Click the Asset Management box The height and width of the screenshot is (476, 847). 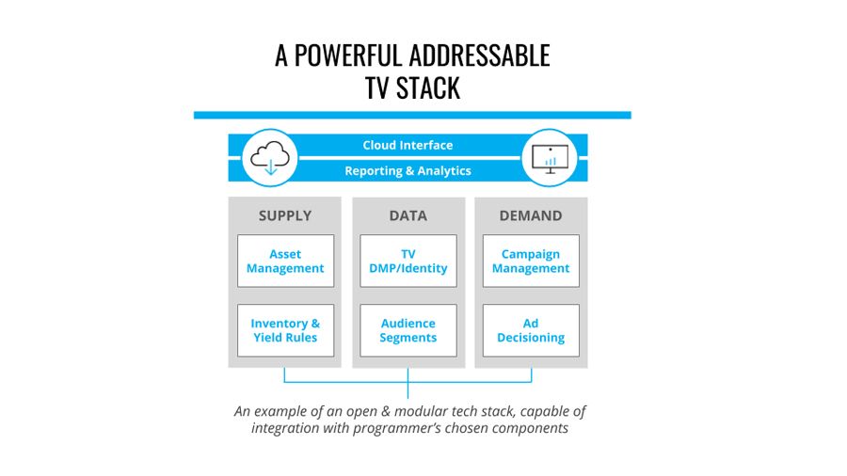pos(285,261)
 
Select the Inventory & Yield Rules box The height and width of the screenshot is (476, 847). pos(285,330)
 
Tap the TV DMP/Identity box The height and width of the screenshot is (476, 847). pos(408,261)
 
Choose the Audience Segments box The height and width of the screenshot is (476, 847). pos(408,330)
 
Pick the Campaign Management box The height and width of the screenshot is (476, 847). pos(531,261)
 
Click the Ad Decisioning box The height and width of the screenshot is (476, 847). pos(531,330)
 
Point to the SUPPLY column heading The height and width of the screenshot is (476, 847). pos(285,215)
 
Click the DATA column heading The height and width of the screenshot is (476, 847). pos(408,215)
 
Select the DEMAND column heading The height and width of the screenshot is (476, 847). pos(531,215)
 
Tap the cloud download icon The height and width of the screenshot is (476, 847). pos(270,158)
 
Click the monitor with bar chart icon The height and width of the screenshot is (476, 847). pos(550,158)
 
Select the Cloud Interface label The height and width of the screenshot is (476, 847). pos(408,145)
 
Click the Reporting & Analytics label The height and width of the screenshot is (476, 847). pos(408,171)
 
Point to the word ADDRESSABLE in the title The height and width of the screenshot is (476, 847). pos(471,56)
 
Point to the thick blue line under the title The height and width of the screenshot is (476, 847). pos(412,115)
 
